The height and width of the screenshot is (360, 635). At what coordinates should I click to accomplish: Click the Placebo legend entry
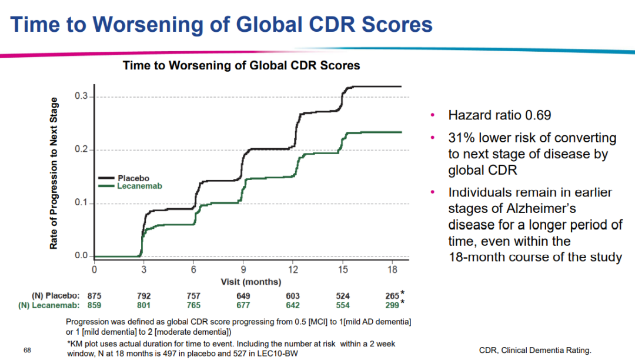coord(133,178)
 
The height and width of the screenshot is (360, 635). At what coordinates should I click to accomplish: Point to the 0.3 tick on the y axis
coord(82,96)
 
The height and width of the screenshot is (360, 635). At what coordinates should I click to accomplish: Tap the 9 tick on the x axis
coord(243,269)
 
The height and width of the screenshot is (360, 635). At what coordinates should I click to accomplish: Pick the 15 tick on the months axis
coord(343,269)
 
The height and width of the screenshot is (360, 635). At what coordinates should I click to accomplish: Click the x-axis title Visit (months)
coord(251,282)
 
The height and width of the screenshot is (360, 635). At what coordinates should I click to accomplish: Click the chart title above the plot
coord(241,65)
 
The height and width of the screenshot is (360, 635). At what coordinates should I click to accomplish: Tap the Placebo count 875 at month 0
coord(95,296)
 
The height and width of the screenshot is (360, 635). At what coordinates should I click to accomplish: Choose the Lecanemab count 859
coord(95,305)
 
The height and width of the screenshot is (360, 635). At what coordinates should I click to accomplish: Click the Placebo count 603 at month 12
coord(293,296)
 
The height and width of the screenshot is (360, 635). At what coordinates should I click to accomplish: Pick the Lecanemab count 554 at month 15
coord(342,305)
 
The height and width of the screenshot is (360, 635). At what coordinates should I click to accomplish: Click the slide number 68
coord(27,351)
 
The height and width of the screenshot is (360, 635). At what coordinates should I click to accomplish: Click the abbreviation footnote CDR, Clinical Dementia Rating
coord(535,350)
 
